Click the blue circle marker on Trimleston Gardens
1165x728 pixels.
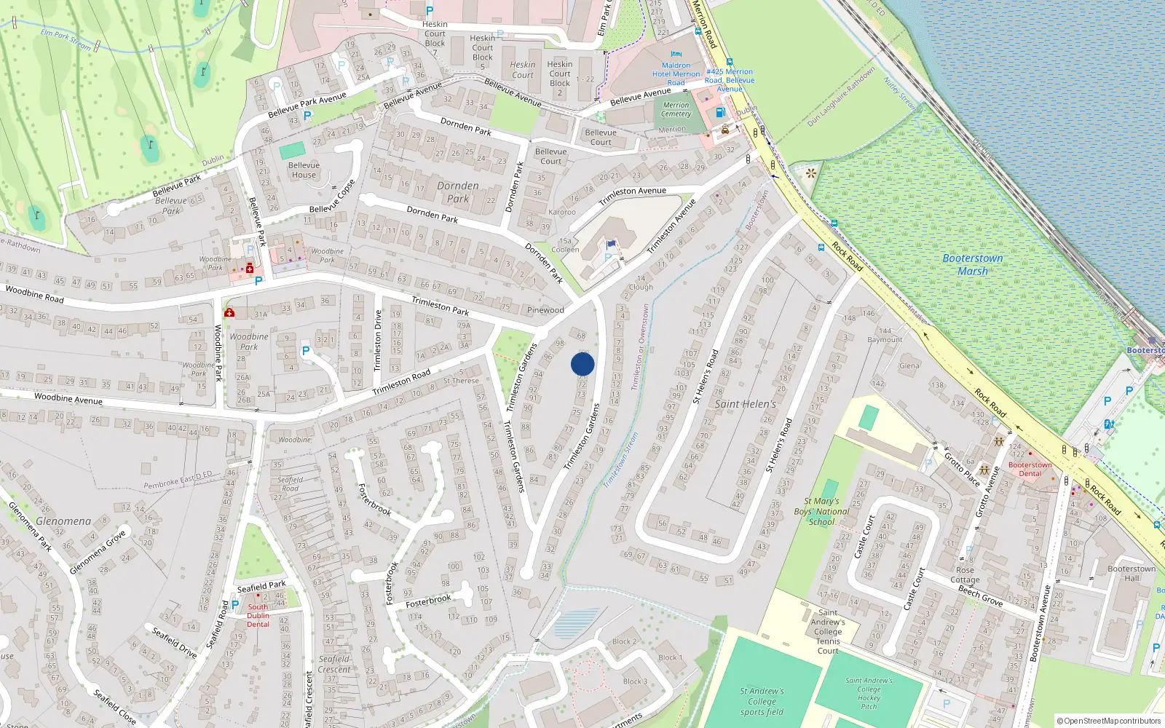(582, 364)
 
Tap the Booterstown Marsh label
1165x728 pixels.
(973, 265)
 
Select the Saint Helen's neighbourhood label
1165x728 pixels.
(745, 404)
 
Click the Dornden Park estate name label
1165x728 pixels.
(458, 191)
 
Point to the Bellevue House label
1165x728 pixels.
(304, 170)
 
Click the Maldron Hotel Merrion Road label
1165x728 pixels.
(676, 74)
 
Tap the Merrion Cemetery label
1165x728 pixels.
(676, 109)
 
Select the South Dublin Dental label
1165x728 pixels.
(258, 615)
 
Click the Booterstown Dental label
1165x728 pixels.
(1030, 469)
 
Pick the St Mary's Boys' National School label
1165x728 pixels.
(821, 511)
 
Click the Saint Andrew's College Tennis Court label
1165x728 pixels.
(828, 631)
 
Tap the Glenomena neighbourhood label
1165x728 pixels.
(63, 521)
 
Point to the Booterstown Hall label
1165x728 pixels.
(1132, 574)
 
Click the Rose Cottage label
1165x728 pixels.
(965, 575)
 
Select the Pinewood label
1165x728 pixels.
(545, 310)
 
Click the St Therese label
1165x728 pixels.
(461, 381)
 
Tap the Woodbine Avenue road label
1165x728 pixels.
(68, 398)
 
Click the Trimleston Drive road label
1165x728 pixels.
(377, 341)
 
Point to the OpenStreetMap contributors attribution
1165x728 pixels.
(1108, 721)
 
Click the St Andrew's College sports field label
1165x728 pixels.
(762, 701)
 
